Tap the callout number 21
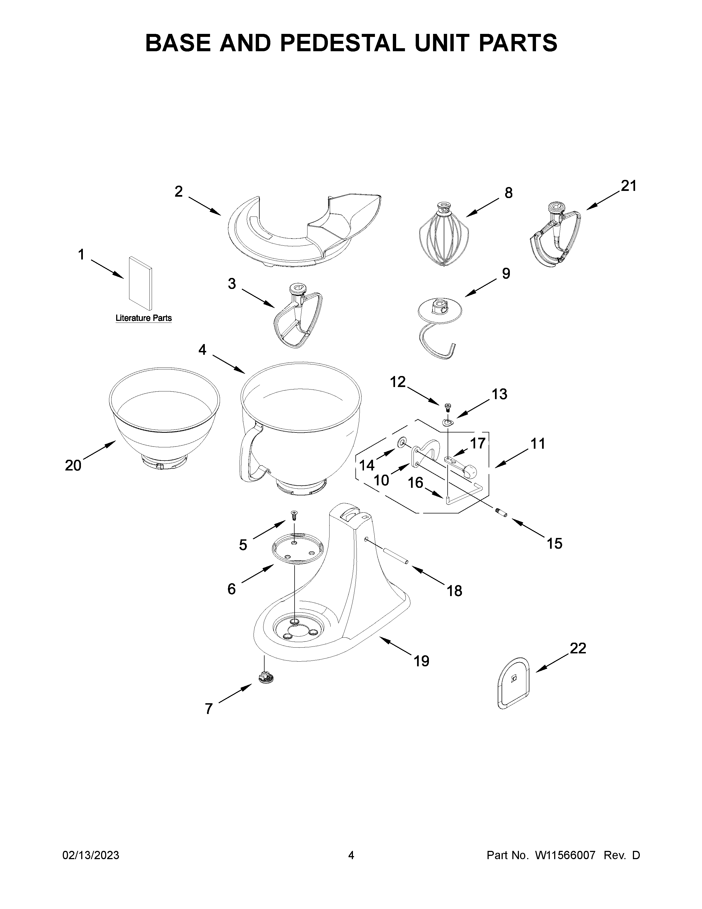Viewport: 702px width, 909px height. (x=628, y=186)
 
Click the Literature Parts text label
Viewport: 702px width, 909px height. (x=143, y=318)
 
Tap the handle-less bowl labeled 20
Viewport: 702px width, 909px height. (x=164, y=420)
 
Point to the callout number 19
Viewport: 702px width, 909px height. (x=421, y=661)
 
